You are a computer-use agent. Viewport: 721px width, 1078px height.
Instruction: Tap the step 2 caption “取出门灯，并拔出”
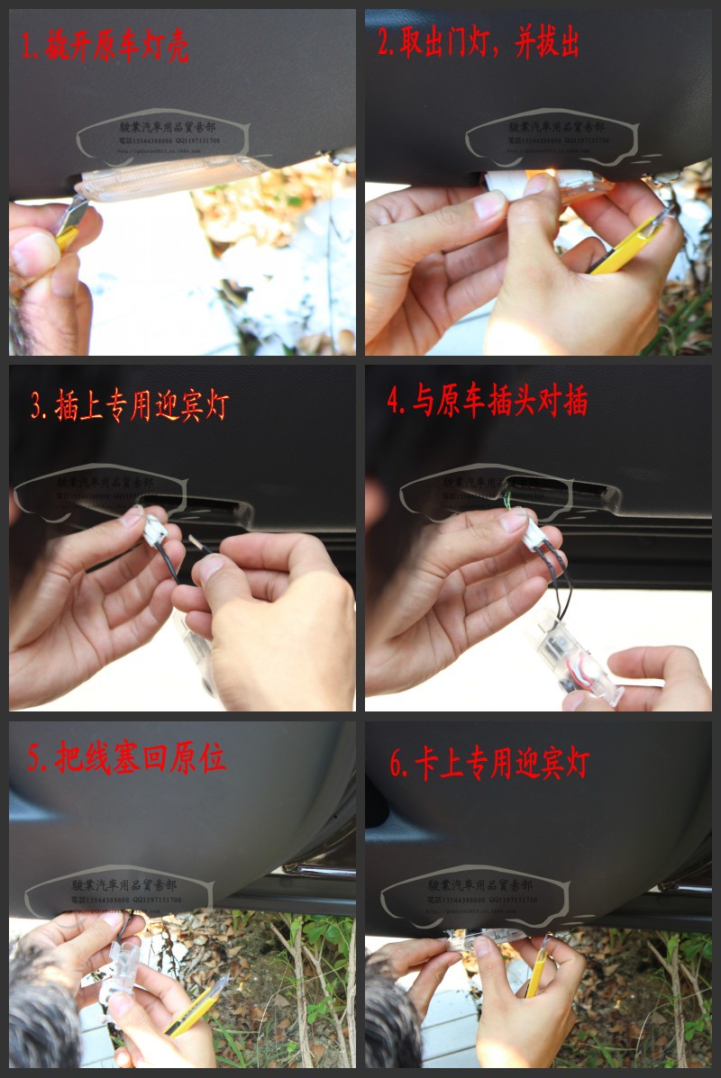tap(478, 43)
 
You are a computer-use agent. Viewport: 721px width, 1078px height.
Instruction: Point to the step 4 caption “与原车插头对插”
tap(487, 402)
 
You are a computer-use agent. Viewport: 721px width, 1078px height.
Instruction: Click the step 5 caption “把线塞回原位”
tap(125, 758)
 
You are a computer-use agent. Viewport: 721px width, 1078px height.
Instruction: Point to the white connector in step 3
tap(155, 530)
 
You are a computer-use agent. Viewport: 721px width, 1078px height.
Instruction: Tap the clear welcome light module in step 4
tap(578, 657)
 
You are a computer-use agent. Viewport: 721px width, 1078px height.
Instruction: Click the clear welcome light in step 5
tap(123, 968)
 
